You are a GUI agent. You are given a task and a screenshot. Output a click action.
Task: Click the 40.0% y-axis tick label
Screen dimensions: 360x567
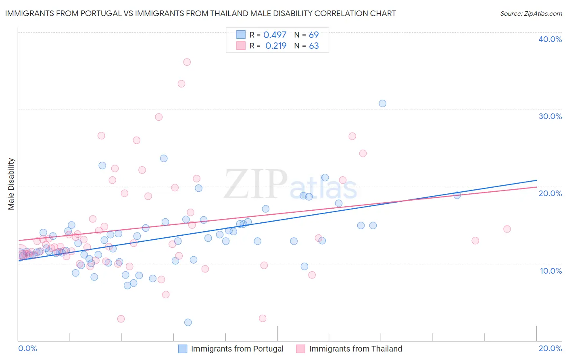click(550, 39)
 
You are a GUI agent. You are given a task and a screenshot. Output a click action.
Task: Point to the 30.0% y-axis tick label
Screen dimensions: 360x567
click(550, 116)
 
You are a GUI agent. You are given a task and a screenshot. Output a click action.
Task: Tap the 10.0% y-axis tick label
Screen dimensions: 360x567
click(550, 271)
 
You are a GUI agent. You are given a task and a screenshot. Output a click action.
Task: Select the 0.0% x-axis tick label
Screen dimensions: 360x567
click(27, 348)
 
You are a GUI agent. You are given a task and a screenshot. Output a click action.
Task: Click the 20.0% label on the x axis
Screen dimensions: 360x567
click(550, 348)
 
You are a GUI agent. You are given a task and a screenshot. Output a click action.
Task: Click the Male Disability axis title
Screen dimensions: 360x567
click(11, 184)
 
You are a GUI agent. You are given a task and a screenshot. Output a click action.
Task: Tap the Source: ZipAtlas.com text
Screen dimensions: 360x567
click(531, 13)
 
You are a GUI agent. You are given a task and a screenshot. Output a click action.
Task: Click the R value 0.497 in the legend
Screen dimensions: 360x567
click(275, 35)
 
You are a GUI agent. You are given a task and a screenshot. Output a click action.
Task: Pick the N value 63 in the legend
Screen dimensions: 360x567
click(314, 46)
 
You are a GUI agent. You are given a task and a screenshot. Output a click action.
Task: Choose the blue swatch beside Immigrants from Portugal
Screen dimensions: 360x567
click(183, 349)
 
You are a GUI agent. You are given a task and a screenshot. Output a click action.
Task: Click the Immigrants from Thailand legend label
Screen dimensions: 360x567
click(355, 349)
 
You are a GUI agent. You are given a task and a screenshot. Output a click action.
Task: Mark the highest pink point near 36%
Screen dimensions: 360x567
click(187, 62)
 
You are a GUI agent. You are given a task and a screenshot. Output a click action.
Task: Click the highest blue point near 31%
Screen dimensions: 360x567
click(382, 103)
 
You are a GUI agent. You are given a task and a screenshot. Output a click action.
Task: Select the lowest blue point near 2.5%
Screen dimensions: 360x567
click(188, 322)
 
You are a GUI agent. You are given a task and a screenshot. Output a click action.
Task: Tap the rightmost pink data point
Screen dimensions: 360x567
click(507, 229)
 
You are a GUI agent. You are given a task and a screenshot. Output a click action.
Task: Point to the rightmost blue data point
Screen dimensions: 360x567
click(457, 195)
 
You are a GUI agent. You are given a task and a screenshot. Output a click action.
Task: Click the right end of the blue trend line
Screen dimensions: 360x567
click(536, 180)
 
